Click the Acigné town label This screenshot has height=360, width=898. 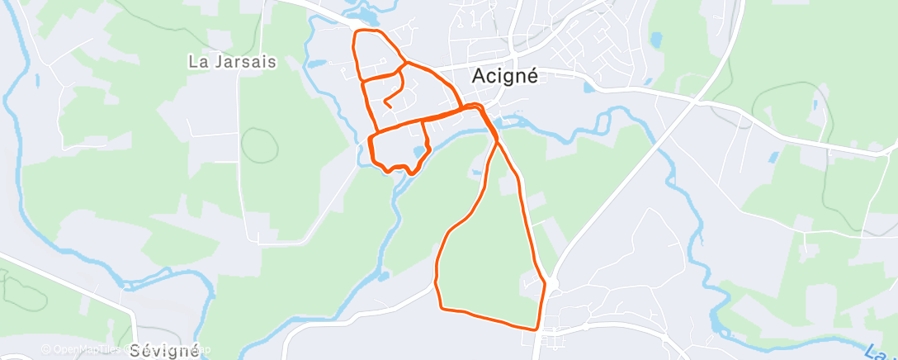click(504, 76)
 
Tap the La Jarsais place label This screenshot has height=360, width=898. click(232, 61)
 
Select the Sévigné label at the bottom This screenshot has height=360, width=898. click(164, 351)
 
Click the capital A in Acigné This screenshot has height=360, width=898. click(479, 76)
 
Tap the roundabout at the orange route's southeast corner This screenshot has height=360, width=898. click(546, 286)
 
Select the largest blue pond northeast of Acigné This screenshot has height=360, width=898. click(657, 39)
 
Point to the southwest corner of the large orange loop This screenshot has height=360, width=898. click(442, 308)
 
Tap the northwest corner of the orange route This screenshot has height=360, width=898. click(356, 33)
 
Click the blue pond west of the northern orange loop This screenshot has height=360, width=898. click(318, 63)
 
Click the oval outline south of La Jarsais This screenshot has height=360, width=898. click(258, 144)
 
